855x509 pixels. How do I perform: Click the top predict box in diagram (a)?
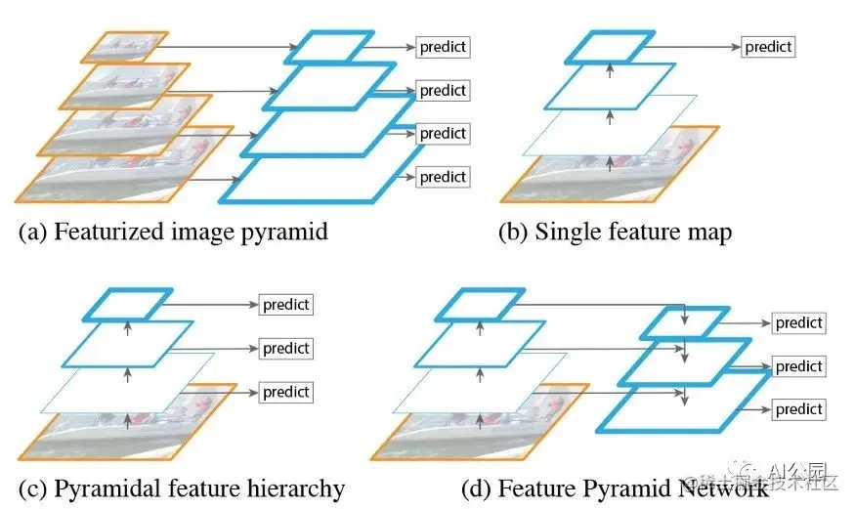(x=443, y=46)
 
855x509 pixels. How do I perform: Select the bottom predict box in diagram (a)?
(x=443, y=177)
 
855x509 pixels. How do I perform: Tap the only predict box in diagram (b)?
(x=768, y=46)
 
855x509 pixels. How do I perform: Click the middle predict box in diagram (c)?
(x=285, y=348)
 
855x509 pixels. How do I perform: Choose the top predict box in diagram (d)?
(x=798, y=322)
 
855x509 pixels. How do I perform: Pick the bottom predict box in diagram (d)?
(x=798, y=408)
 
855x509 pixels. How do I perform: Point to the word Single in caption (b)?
(x=564, y=233)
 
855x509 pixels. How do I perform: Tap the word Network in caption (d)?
(x=714, y=487)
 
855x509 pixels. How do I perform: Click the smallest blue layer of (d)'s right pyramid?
(x=684, y=322)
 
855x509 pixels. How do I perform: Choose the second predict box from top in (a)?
(x=443, y=91)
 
